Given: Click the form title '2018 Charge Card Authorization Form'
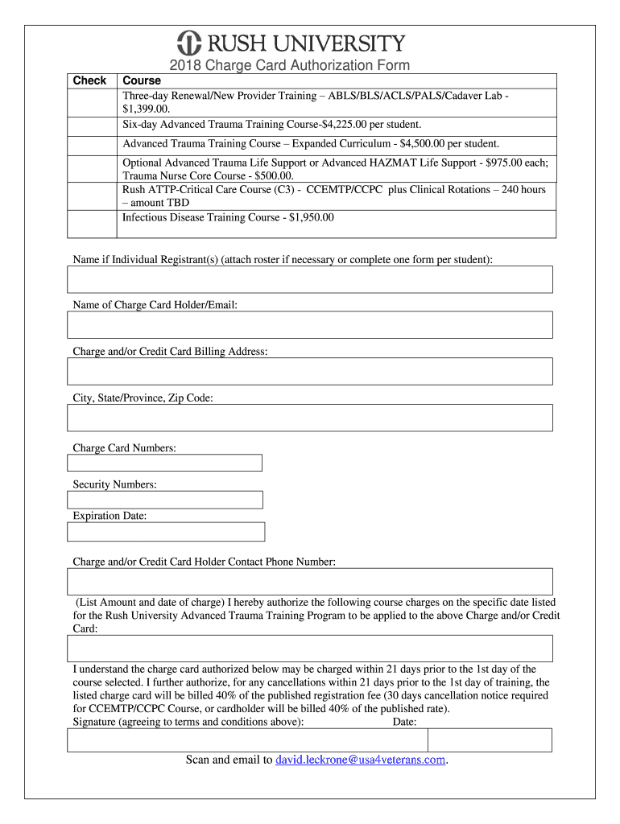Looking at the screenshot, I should click(x=289, y=65).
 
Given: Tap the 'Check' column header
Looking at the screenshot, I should click(x=89, y=80).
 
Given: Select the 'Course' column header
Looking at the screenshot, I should click(x=142, y=80).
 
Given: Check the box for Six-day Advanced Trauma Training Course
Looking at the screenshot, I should click(x=92, y=125).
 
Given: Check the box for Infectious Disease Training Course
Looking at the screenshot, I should click(x=92, y=224).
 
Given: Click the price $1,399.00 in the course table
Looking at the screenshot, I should click(x=146, y=109).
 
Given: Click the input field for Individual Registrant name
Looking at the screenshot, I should click(x=310, y=279).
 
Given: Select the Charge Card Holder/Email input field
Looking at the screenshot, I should click(x=310, y=325).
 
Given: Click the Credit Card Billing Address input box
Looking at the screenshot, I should click(x=310, y=371).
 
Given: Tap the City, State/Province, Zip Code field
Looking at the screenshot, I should click(x=310, y=418).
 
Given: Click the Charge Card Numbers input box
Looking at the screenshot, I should click(x=165, y=463).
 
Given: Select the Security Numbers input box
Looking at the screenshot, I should click(x=165, y=500).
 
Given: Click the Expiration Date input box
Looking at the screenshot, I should click(x=166, y=532).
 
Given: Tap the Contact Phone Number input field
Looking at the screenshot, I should click(x=310, y=581).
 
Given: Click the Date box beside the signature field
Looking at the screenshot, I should click(x=489, y=740).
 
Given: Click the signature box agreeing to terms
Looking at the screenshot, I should click(x=247, y=740).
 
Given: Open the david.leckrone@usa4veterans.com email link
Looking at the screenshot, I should click(x=360, y=760).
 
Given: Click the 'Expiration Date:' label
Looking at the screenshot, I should click(x=110, y=516).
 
